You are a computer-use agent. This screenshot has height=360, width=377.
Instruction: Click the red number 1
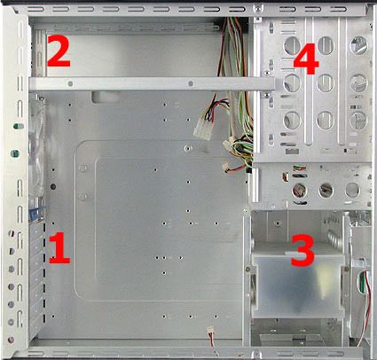coord(59,247)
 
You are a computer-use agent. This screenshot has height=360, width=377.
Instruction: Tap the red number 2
coord(58,51)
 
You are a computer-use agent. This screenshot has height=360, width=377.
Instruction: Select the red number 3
coord(302,249)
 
